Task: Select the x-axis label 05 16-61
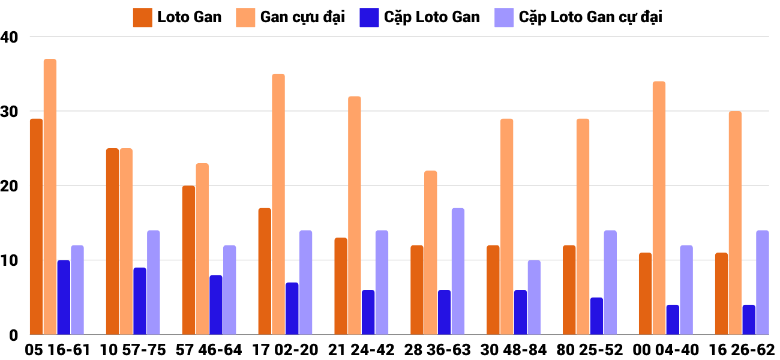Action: [57, 350]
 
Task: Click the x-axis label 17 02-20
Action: [286, 350]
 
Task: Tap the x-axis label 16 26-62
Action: [742, 350]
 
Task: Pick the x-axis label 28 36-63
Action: [437, 350]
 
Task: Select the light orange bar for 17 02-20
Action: [278, 204]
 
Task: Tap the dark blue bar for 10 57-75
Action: [140, 301]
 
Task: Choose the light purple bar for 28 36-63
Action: [458, 271]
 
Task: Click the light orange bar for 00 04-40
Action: [659, 208]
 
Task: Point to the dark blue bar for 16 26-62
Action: [749, 320]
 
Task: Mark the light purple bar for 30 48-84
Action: [534, 298]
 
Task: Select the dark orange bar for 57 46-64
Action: [188, 260]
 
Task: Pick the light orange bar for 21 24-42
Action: [355, 215]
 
